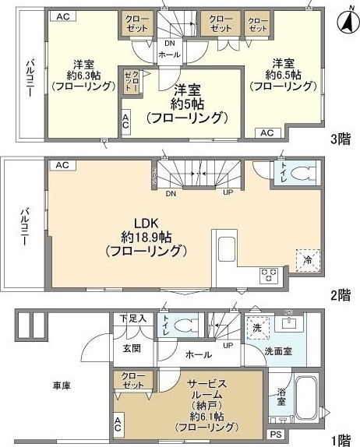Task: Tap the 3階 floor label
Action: (x=340, y=140)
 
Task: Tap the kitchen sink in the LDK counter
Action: (x=226, y=250)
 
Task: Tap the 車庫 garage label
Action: (x=62, y=385)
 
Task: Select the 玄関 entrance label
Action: (x=131, y=348)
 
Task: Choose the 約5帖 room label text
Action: (x=187, y=104)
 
